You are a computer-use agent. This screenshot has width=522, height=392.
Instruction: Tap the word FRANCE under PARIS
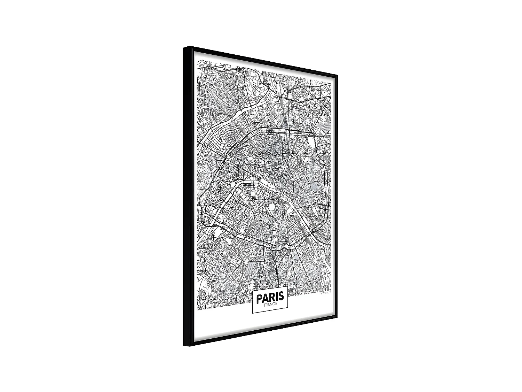[x=270, y=305]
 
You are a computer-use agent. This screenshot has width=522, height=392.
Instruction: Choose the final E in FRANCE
[x=276, y=305]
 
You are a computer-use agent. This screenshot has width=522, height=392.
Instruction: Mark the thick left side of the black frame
[x=187, y=195]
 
